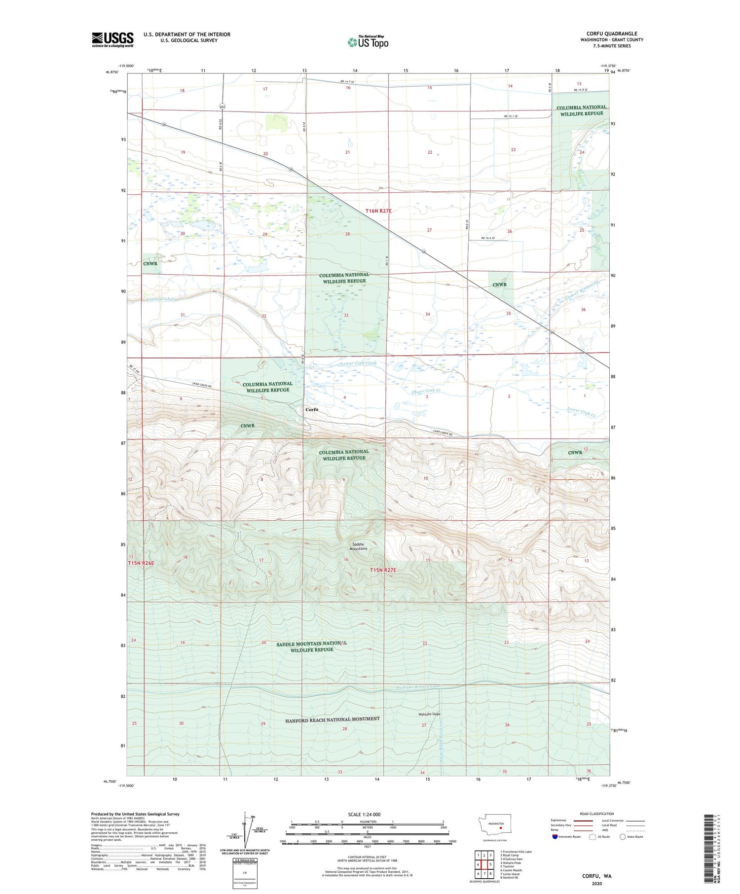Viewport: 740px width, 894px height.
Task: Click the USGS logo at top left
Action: [x=112, y=39]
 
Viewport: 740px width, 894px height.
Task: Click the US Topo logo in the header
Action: [x=368, y=42]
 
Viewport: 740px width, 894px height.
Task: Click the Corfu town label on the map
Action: [x=311, y=410]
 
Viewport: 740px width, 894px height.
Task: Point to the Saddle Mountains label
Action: [x=359, y=546]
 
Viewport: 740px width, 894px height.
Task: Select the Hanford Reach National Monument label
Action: [x=332, y=719]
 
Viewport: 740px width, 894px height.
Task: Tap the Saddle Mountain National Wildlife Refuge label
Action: [x=312, y=646]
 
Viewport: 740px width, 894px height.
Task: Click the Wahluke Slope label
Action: [x=429, y=714]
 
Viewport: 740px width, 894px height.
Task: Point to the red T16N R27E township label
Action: [x=378, y=211]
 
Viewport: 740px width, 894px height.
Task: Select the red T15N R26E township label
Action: [x=141, y=563]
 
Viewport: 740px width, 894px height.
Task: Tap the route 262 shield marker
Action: [x=222, y=107]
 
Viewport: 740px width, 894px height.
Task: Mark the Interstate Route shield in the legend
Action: [x=555, y=837]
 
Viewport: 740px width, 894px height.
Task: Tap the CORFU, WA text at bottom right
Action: [x=596, y=876]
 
